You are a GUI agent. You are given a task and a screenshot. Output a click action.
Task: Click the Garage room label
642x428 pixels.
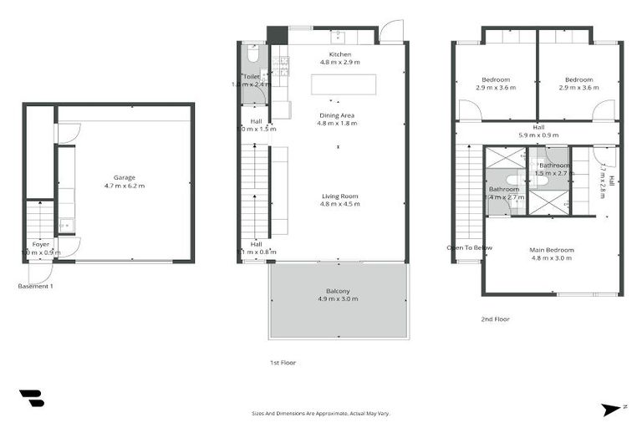(125, 177)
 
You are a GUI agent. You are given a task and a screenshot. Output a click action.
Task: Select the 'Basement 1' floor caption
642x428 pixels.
(35, 286)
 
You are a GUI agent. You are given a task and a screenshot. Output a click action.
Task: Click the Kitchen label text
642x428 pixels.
(339, 53)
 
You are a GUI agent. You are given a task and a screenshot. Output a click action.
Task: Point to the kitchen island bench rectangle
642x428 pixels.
(343, 84)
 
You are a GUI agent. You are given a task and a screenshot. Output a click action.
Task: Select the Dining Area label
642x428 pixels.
(338, 115)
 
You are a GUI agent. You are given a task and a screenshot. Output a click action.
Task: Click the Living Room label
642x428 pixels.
(339, 196)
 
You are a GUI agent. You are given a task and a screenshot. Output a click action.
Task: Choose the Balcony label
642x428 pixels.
(338, 291)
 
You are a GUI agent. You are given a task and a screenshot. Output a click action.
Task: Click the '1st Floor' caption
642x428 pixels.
(283, 363)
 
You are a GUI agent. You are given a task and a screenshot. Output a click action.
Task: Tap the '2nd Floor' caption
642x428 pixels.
(495, 318)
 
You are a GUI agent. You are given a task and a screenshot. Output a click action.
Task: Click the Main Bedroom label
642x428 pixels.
(551, 249)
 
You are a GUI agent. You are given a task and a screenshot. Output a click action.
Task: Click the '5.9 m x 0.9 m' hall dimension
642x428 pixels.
(538, 135)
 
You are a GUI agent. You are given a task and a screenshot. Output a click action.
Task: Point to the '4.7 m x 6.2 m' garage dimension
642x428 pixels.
(125, 186)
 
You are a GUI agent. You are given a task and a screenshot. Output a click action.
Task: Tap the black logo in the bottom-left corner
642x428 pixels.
(30, 399)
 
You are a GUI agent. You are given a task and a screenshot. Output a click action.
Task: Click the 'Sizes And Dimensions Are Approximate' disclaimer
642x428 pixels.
(321, 413)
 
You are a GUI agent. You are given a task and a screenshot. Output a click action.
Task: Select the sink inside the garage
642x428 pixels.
(64, 224)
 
